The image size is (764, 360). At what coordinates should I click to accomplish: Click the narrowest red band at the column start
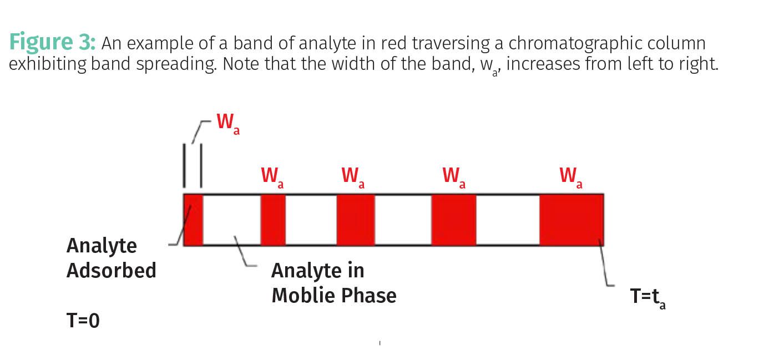(193, 220)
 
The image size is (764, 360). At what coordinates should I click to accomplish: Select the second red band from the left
(273, 220)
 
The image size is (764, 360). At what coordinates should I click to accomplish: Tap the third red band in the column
(356, 220)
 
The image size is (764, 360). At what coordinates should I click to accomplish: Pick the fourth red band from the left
(454, 220)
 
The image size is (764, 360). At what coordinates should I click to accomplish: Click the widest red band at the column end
(571, 220)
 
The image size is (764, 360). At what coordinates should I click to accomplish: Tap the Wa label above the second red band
(272, 176)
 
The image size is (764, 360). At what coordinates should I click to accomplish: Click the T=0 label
(83, 320)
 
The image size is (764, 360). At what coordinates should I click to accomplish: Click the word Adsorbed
(111, 271)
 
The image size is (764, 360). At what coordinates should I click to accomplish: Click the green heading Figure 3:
(53, 42)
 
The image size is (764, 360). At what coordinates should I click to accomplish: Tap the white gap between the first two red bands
(231, 220)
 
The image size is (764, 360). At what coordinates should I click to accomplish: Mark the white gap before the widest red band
(508, 220)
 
